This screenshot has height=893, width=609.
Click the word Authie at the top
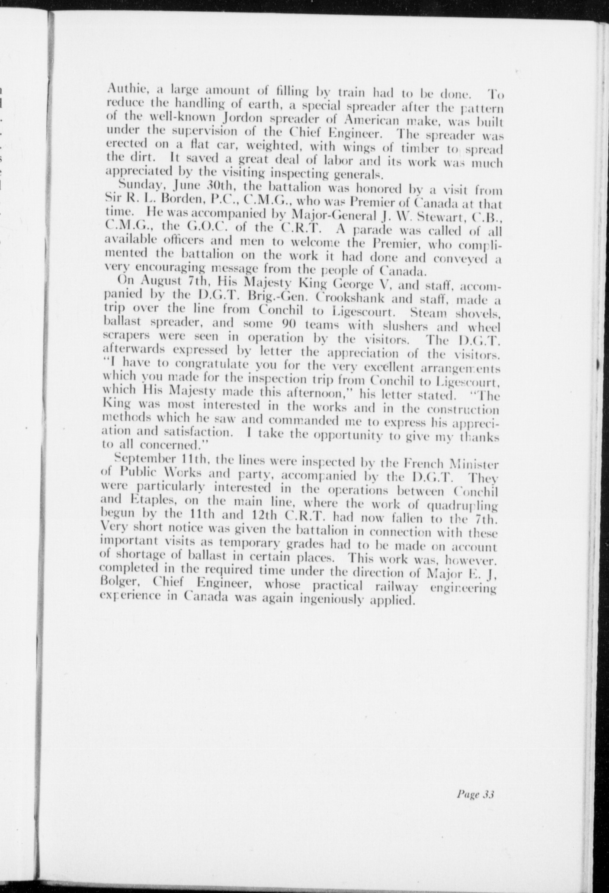(122, 91)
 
